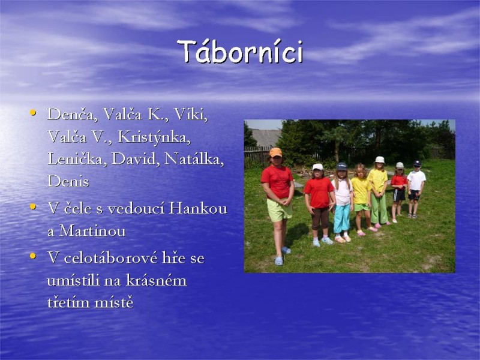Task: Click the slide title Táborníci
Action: (240, 52)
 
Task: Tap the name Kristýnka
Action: (154, 137)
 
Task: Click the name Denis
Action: (68, 181)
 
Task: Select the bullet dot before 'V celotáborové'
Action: (33, 257)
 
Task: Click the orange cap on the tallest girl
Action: (275, 152)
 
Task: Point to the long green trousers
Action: (379, 208)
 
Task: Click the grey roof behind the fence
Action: (265, 137)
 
